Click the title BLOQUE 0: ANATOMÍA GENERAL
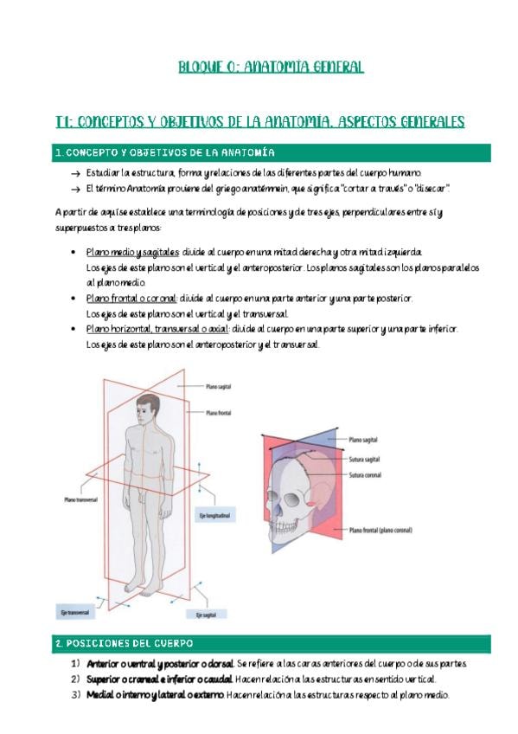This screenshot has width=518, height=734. click(x=271, y=67)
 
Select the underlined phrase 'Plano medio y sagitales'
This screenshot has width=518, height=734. click(x=133, y=253)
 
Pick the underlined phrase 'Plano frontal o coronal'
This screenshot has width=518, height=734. click(x=131, y=299)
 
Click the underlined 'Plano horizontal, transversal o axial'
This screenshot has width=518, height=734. click(x=157, y=329)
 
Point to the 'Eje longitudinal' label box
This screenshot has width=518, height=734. click(x=215, y=516)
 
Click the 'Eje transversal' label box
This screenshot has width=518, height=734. click(x=75, y=612)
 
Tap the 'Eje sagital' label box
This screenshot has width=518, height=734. click(x=206, y=615)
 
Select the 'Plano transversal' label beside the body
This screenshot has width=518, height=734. click(x=81, y=500)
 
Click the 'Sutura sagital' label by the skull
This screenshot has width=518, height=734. click(x=364, y=460)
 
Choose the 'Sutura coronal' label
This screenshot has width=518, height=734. click(x=365, y=475)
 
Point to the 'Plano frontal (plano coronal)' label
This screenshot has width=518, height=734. click(x=381, y=531)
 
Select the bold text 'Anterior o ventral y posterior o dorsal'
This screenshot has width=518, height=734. click(x=160, y=664)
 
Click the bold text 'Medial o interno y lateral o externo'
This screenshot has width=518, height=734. click(x=155, y=695)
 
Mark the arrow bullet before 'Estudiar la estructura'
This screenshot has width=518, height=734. click(x=76, y=174)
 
